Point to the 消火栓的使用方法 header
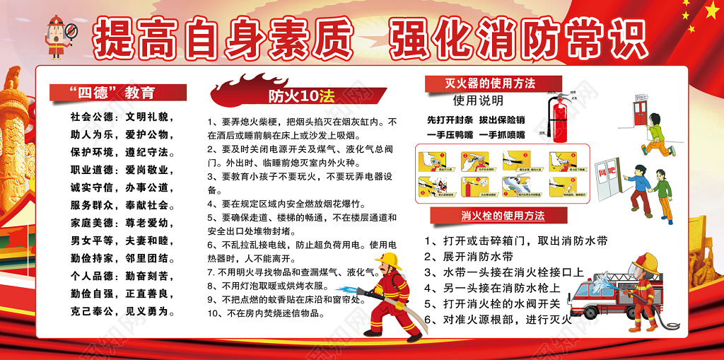tap(503, 215)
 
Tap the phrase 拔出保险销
tap(501, 119)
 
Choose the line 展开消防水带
tap(469, 256)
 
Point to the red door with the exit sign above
tap(640, 113)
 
